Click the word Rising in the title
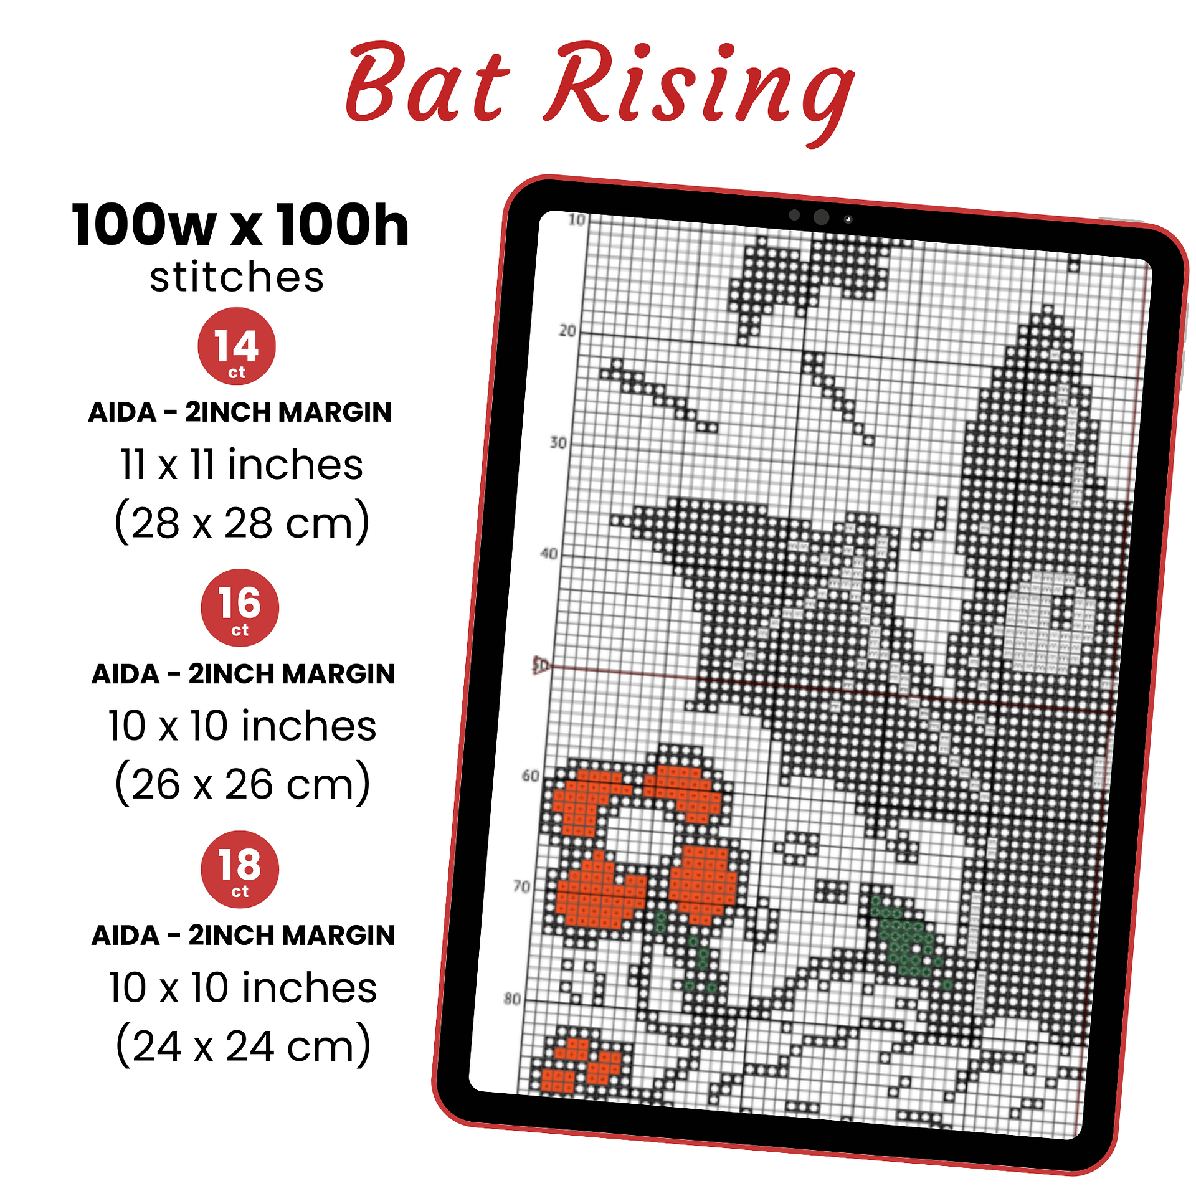(x=700, y=93)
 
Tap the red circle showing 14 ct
(x=237, y=346)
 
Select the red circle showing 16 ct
(x=240, y=607)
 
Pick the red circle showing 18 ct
(x=240, y=869)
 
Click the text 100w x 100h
(x=240, y=225)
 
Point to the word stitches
(x=237, y=277)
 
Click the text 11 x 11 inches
(x=241, y=465)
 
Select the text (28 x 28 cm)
(x=242, y=522)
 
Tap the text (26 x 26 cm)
(x=242, y=784)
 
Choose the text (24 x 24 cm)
(x=243, y=1045)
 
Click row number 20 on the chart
(x=567, y=330)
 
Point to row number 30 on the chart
(x=558, y=442)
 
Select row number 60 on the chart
(x=531, y=776)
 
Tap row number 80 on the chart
(x=512, y=999)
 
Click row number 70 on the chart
(x=521, y=886)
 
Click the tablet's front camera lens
(x=822, y=217)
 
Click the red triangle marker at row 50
(x=540, y=665)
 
